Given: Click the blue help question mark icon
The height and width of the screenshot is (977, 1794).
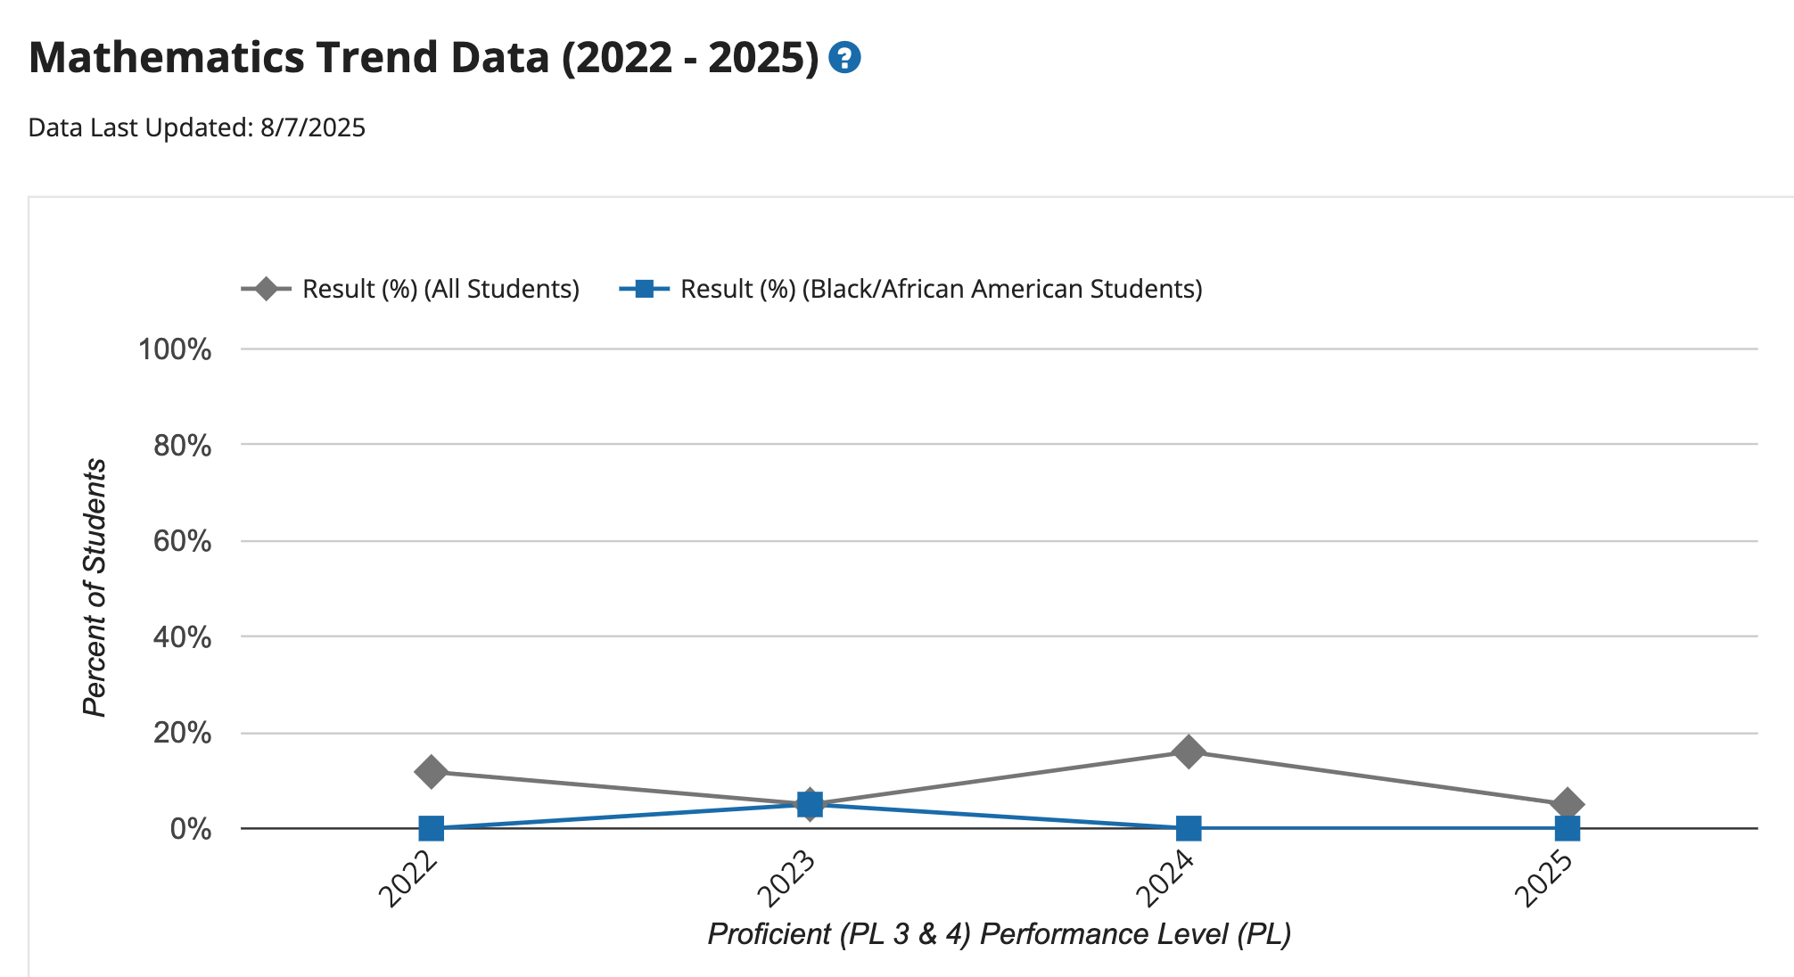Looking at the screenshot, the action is coord(844,58).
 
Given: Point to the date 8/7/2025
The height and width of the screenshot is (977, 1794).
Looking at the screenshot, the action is coord(313,127).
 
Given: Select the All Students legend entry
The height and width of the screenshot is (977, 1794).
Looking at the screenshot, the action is coord(411,289).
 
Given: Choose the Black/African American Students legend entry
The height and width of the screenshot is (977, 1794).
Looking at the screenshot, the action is coord(911,289).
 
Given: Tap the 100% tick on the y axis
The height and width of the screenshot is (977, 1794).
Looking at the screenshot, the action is coord(175,349).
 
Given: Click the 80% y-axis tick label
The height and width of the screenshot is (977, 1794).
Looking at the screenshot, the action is coord(183,445).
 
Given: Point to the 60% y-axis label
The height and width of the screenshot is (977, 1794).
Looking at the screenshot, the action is coord(183,541).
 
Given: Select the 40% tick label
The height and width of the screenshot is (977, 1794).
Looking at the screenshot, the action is coord(183,637).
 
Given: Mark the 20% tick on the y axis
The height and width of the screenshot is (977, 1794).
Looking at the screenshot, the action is coord(183,734).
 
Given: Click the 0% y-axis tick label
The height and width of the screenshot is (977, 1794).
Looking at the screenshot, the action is coord(191,829).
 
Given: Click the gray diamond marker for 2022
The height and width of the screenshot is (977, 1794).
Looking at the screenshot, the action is coord(432,772).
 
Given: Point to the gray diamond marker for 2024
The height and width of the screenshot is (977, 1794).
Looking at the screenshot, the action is coord(1189,751).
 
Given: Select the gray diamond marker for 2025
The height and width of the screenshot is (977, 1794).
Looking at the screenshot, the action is coord(1567,804).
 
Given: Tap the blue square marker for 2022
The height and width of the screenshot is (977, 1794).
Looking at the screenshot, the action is coord(432,828).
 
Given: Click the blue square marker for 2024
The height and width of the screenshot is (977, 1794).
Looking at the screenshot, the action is coord(1189,828).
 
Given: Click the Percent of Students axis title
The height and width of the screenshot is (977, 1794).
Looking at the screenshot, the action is coord(95,587).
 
